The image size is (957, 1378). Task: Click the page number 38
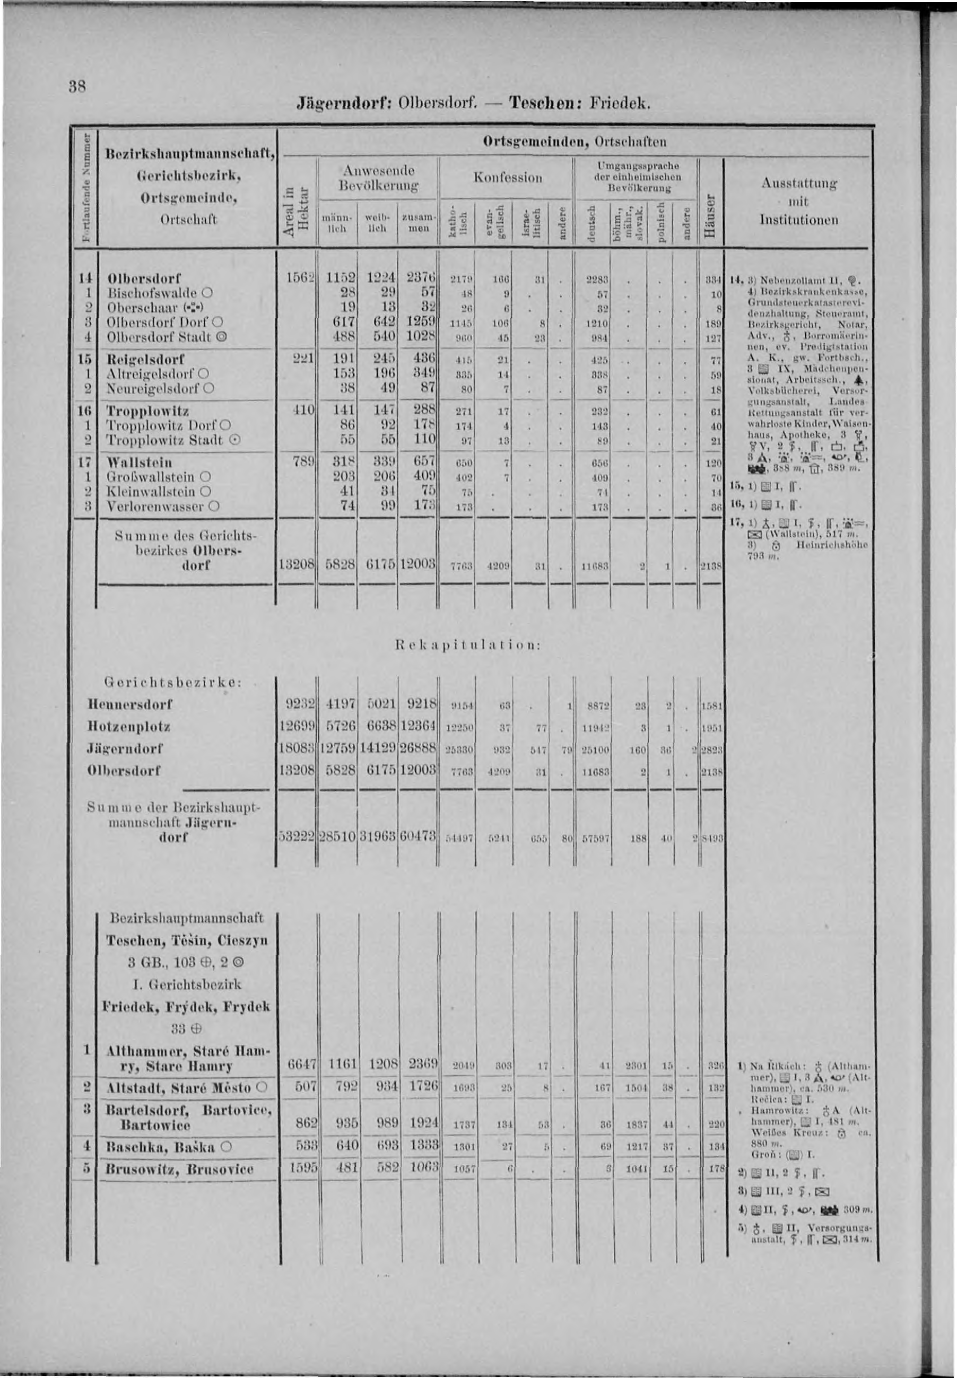(x=78, y=87)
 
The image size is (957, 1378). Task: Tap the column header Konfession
(x=507, y=178)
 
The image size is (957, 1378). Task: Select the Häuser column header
(x=711, y=216)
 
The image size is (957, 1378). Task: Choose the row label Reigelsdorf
(x=145, y=359)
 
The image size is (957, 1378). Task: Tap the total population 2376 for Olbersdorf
(x=420, y=278)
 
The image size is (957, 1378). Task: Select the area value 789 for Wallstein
(x=303, y=462)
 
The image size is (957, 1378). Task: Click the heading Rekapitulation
(x=469, y=646)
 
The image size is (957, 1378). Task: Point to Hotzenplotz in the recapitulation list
(x=129, y=727)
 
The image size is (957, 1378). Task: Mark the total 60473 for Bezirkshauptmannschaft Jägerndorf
(x=419, y=836)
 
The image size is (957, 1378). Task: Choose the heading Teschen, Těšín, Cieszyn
(x=187, y=940)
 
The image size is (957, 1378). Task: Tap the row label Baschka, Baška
(x=160, y=1147)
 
